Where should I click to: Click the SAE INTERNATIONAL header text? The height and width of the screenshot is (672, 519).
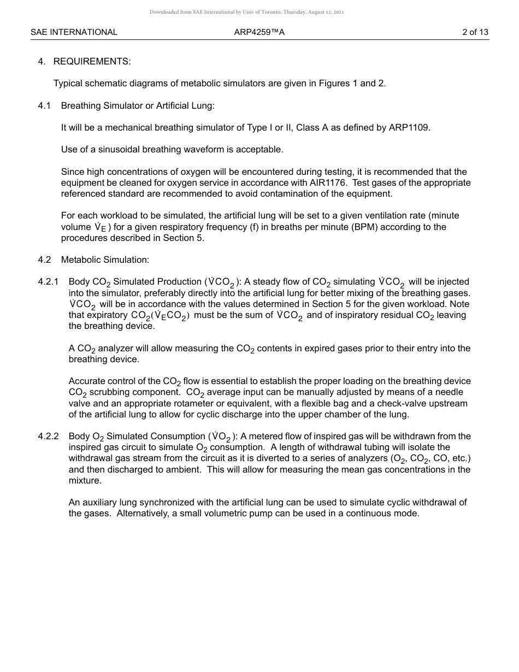tap(74, 32)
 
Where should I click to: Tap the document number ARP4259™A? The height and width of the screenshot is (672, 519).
tap(259, 32)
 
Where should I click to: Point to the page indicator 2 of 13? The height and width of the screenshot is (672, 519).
tap(475, 32)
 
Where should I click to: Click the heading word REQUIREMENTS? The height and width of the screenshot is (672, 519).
tap(92, 62)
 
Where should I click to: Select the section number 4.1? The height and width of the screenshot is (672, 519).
tap(44, 105)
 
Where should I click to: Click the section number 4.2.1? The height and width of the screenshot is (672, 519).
tap(48, 282)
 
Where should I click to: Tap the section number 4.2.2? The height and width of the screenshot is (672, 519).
tap(48, 437)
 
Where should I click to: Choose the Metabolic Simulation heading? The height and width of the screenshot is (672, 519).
tap(105, 260)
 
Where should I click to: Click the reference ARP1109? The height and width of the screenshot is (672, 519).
tap(409, 128)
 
